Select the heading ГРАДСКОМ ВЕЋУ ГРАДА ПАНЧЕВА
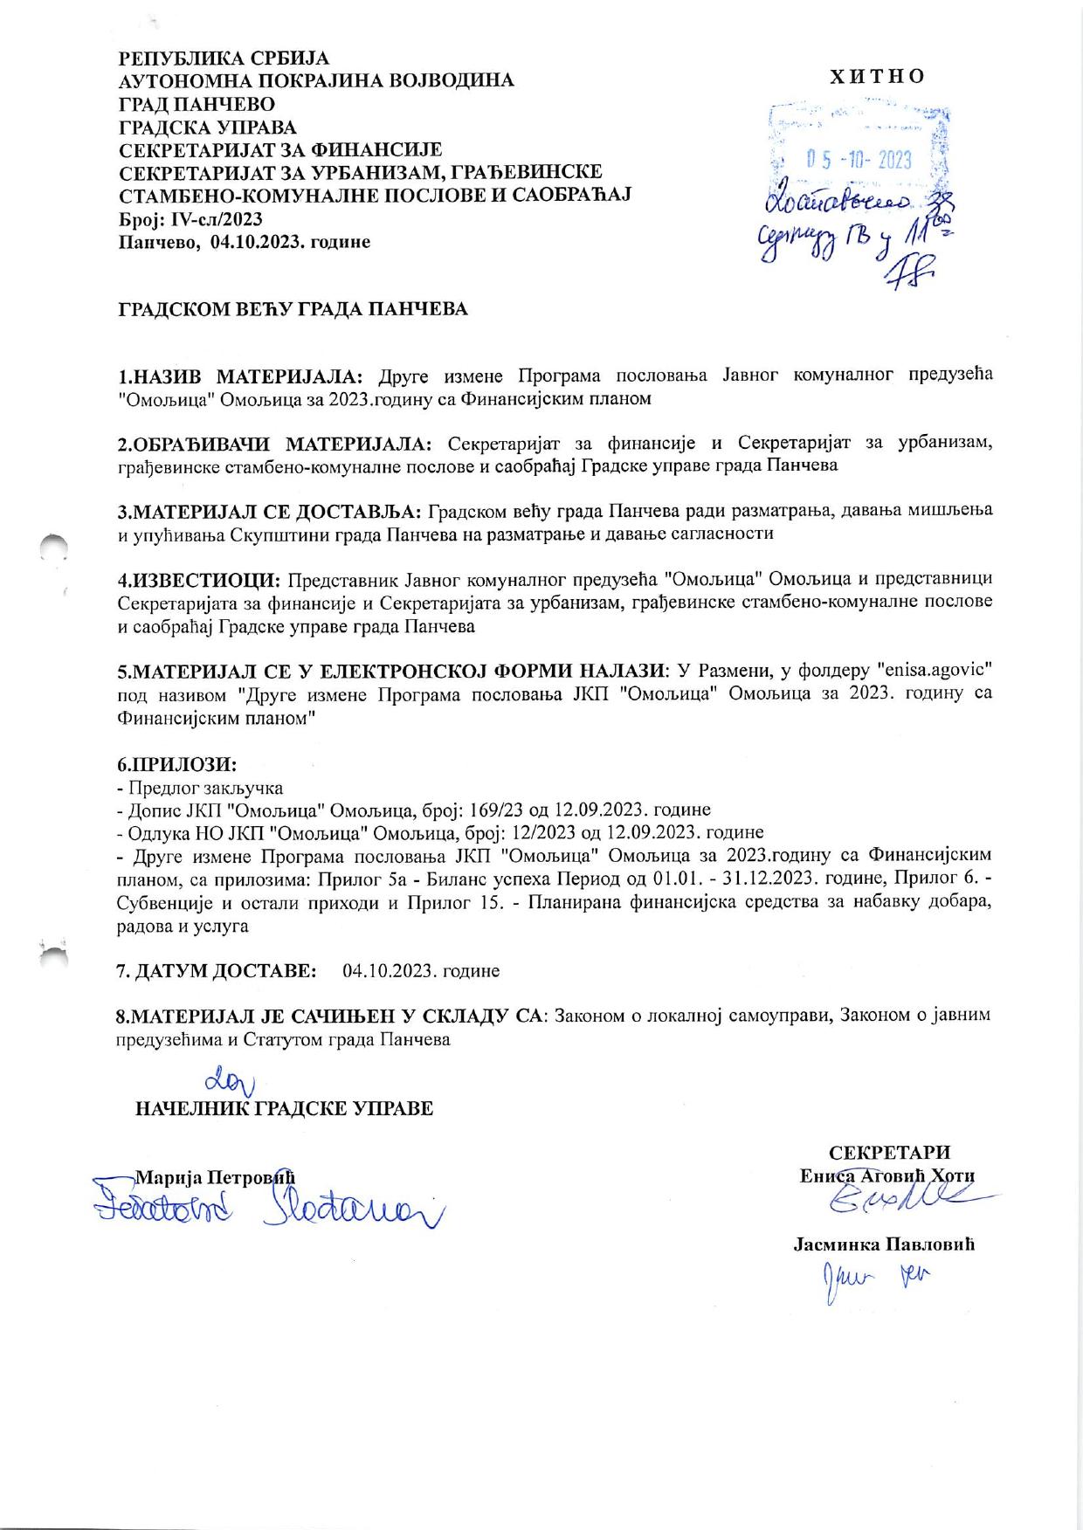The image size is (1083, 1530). [x=293, y=309]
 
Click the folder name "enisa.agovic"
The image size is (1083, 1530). [x=932, y=671]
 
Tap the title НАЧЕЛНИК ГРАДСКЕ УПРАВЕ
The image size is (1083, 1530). [x=284, y=1109]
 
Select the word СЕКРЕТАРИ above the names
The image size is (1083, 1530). [x=889, y=1153]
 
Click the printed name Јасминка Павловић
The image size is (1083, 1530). [x=884, y=1244]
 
